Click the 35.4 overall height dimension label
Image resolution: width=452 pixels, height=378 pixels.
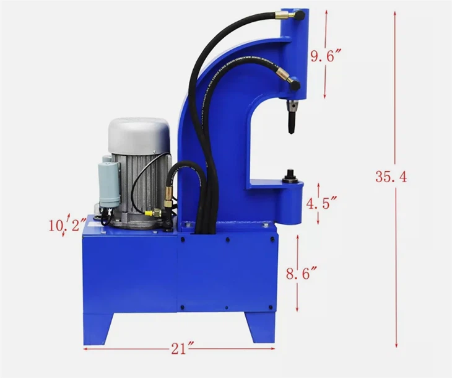pyautogui.click(x=390, y=177)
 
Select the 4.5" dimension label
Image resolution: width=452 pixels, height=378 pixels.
pyautogui.click(x=323, y=203)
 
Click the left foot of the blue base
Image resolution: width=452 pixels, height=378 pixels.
pyautogui.click(x=97, y=328)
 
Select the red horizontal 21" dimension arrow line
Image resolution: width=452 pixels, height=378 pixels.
pyautogui.click(x=124, y=349)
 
